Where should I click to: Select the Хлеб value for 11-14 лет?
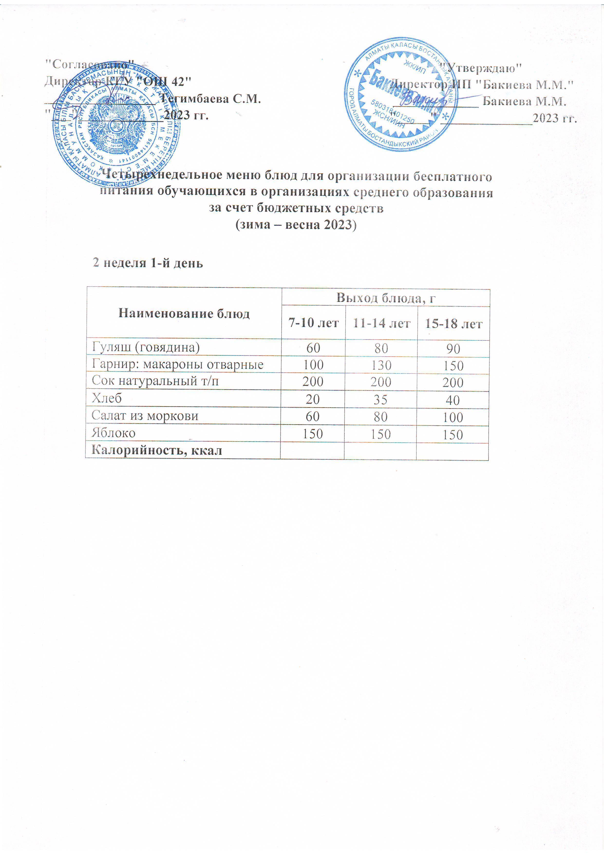coord(381,399)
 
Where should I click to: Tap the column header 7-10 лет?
coord(313,323)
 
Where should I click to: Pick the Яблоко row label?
coord(113,433)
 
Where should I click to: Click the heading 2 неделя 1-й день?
coord(148,263)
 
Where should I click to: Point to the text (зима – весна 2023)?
coord(296,225)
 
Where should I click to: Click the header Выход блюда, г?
coord(386,297)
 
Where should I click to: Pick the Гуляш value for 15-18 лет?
coord(453,349)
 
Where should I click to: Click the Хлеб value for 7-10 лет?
coord(313,399)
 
